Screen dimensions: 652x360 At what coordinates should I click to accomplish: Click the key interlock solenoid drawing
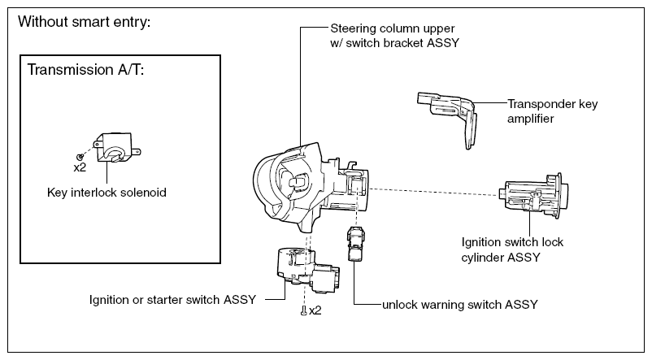point(117,147)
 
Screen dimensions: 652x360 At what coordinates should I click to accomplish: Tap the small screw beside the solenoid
point(80,156)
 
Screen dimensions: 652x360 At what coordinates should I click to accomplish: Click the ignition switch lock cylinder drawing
point(533,196)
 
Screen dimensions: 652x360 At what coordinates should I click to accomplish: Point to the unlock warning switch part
point(355,244)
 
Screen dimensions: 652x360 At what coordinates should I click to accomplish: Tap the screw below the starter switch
point(304,310)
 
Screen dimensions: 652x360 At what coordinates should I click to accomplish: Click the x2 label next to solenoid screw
point(80,167)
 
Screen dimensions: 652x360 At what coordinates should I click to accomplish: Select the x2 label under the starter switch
point(315,310)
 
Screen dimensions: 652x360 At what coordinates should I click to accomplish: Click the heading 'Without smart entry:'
point(85,21)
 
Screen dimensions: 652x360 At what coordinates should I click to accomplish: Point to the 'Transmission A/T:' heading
point(85,69)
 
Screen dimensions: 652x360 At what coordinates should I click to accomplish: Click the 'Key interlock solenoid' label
point(106,193)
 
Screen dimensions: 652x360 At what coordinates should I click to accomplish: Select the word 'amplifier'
point(531,119)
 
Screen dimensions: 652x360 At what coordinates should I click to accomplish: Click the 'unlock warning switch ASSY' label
point(460,305)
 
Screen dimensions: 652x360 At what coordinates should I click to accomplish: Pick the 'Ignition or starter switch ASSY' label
point(172,300)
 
